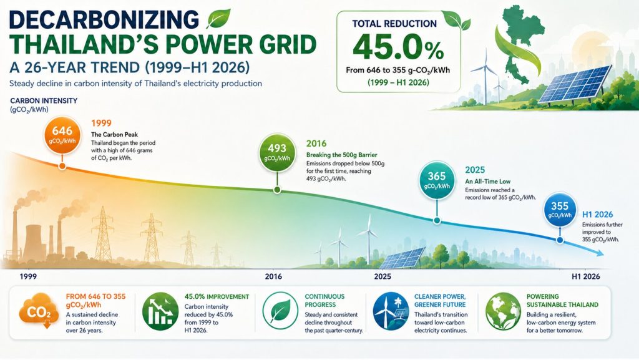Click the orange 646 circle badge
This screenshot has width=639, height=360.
click(x=62, y=135)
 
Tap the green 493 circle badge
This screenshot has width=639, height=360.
click(x=277, y=152)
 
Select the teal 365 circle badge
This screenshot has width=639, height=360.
click(x=436, y=180)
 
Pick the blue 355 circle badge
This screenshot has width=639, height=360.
click(x=560, y=210)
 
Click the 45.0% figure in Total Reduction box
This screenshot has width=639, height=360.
click(x=398, y=49)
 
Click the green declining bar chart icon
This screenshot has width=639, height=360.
click(x=160, y=311)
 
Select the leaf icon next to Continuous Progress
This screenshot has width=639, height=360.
click(x=280, y=311)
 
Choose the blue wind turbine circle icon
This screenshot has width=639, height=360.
click(x=391, y=311)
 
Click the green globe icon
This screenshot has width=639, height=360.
click(x=503, y=311)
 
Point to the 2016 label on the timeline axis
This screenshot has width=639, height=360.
click(x=273, y=276)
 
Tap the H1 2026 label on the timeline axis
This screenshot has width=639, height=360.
click(x=585, y=276)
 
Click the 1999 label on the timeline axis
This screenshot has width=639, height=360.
click(x=28, y=276)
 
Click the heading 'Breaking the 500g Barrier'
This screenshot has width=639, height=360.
click(x=341, y=155)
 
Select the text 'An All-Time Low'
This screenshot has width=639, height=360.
click(x=487, y=181)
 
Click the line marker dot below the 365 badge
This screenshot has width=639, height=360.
click(x=437, y=221)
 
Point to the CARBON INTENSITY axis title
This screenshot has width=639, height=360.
click(x=44, y=100)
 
